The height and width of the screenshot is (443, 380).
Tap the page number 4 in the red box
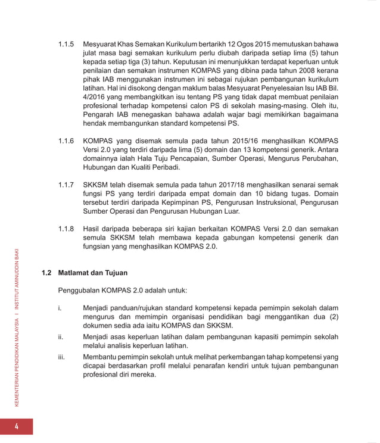click(17, 426)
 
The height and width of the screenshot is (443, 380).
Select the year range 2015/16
click(221, 142)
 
